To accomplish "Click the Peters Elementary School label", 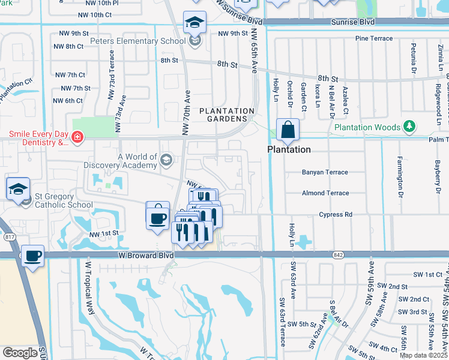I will pyautogui.click(x=137, y=41).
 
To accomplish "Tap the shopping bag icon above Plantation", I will pyautogui.click(x=288, y=130).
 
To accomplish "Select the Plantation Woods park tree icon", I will pyautogui.click(x=409, y=127).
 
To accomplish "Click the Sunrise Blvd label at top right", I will pyautogui.click(x=352, y=22).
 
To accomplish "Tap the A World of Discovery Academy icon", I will pyautogui.click(x=166, y=159).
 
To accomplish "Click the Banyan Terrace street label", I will pyautogui.click(x=324, y=172).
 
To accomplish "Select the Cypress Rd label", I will pyautogui.click(x=336, y=214).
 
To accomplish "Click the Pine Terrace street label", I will pyautogui.click(x=374, y=38).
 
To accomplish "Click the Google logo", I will pyautogui.click(x=20, y=353).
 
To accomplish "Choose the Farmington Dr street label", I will pyautogui.click(x=399, y=176).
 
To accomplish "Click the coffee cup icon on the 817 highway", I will pyautogui.click(x=33, y=256).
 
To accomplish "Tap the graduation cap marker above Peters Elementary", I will pyautogui.click(x=194, y=23).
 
